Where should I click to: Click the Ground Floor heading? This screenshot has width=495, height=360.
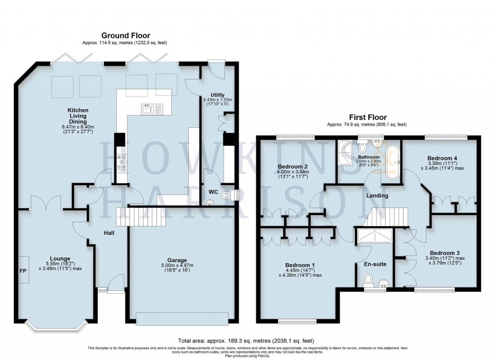click(x=125, y=35)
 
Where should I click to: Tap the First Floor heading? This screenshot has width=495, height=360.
click(x=366, y=117)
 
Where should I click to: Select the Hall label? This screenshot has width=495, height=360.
click(x=109, y=233)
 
